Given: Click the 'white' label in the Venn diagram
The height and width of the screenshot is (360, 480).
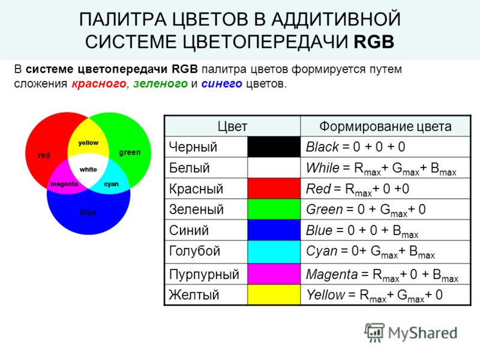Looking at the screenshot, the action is pyautogui.click(x=88, y=169).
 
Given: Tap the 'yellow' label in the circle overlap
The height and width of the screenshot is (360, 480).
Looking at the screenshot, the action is pyautogui.click(x=88, y=143).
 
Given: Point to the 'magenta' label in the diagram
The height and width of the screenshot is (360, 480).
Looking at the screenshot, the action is pyautogui.click(x=64, y=184).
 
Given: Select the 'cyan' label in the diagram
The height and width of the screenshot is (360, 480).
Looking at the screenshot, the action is pyautogui.click(x=111, y=184).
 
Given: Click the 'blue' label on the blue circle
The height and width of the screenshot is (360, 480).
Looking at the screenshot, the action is pyautogui.click(x=88, y=212).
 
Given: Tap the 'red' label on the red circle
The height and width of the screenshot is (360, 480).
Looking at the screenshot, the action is pyautogui.click(x=44, y=155).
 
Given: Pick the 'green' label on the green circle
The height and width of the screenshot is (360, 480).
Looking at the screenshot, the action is pyautogui.click(x=130, y=152).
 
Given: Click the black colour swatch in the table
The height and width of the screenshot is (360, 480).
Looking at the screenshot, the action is pyautogui.click(x=274, y=147).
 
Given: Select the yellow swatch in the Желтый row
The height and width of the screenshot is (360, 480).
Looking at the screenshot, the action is pyautogui.click(x=274, y=295).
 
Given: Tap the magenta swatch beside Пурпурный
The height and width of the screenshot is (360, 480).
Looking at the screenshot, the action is pyautogui.click(x=274, y=274).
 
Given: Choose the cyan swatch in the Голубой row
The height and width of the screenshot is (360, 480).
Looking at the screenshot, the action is pyautogui.click(x=274, y=251).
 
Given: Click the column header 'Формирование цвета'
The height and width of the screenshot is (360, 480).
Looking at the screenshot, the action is pyautogui.click(x=385, y=127).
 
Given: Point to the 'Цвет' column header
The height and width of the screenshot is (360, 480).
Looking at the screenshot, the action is pyautogui.click(x=232, y=127).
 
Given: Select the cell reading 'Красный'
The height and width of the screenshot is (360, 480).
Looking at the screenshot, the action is pyautogui.click(x=196, y=189).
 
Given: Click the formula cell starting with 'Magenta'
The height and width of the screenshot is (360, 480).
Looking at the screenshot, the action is pyautogui.click(x=382, y=275).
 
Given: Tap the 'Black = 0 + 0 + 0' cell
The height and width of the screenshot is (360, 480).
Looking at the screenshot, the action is pyautogui.click(x=356, y=147).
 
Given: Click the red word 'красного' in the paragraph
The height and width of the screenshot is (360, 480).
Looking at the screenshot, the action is pyautogui.click(x=99, y=83).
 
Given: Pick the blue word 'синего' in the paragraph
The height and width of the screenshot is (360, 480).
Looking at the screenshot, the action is pyautogui.click(x=221, y=83).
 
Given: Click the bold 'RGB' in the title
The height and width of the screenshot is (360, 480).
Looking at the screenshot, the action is pyautogui.click(x=374, y=42).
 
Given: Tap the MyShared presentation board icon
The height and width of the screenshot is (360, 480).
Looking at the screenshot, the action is pyautogui.click(x=374, y=332).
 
